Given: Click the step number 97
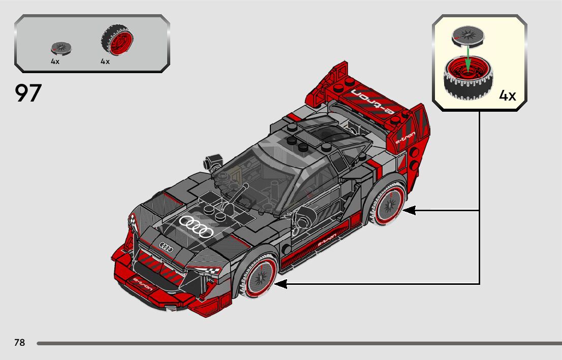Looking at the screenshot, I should (x=28, y=93).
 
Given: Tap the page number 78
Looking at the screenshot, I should (x=19, y=343).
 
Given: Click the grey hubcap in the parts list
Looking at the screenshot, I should (x=61, y=49).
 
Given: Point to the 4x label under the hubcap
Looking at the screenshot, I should (x=55, y=61).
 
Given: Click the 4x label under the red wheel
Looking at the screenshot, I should (x=105, y=61).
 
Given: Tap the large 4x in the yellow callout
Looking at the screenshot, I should (x=507, y=95).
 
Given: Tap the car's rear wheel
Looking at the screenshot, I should (x=390, y=204).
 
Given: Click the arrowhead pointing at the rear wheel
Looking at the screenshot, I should (x=409, y=210).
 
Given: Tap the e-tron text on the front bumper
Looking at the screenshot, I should (x=142, y=283).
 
